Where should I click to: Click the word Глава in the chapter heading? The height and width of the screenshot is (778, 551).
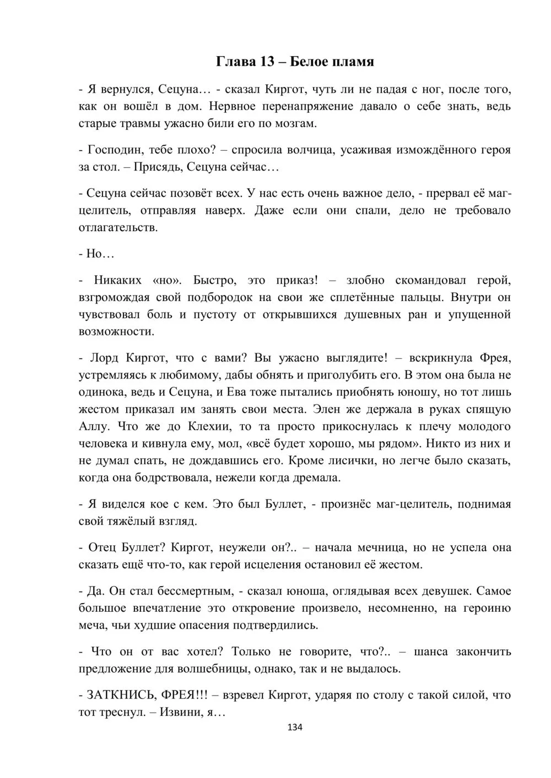(x=234, y=62)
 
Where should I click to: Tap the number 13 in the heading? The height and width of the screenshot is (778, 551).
(x=268, y=62)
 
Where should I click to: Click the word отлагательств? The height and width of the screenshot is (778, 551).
(x=118, y=227)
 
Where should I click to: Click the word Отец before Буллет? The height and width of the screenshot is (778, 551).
(x=101, y=547)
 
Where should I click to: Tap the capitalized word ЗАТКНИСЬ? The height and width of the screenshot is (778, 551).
(x=121, y=695)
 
